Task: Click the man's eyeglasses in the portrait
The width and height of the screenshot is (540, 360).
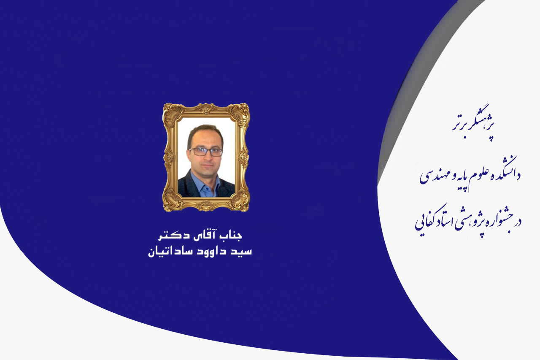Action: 205,152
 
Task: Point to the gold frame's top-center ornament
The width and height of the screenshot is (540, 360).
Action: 206,108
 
